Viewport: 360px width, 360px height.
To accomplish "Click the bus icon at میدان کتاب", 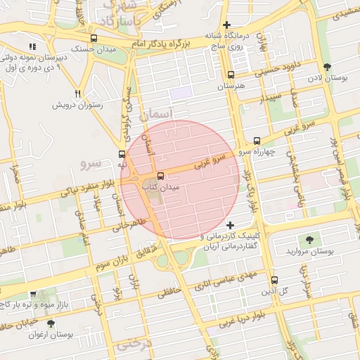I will tap(161, 176).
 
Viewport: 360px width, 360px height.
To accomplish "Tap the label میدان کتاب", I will tap(161, 188).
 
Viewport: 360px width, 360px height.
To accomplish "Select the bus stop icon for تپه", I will tap(122, 155).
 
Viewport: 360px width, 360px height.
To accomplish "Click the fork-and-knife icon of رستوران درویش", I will tap(77, 94).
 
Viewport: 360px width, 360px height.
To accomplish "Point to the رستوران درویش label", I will tap(77, 105).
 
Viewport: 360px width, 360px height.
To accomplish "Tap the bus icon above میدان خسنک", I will tap(94, 38).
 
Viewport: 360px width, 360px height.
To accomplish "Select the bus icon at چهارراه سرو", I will tap(257, 140).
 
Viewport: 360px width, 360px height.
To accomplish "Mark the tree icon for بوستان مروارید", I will tap(310, 240).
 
